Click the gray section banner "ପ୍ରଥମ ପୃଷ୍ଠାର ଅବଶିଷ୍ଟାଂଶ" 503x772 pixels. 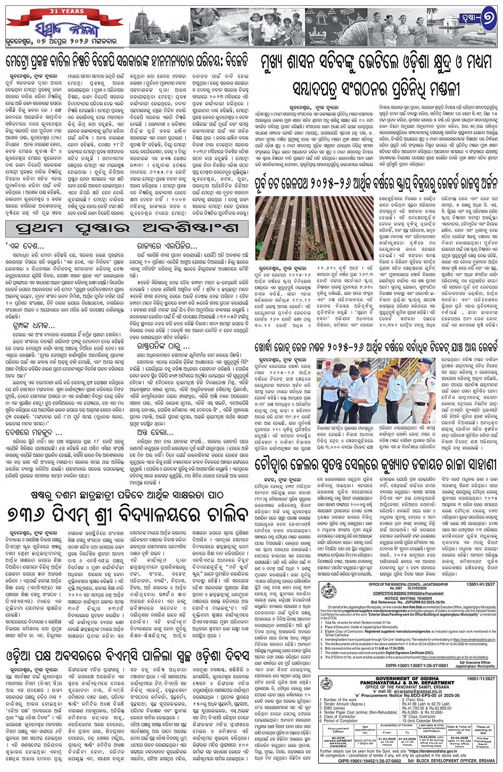128,228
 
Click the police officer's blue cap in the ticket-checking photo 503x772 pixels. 426,363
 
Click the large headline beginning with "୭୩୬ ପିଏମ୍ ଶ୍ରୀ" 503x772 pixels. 128,515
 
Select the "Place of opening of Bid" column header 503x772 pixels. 483,729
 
